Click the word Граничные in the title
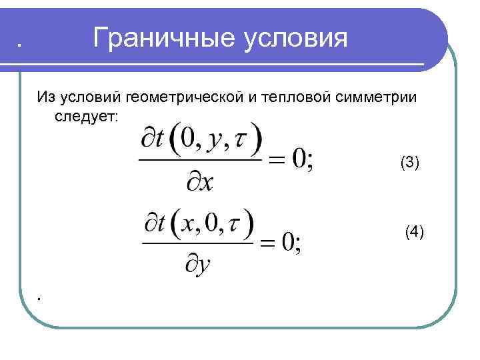click(158, 39)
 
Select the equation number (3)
click(409, 162)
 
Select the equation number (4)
click(414, 232)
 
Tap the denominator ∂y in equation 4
click(198, 265)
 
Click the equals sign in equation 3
click(279, 160)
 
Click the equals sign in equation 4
click(269, 243)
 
